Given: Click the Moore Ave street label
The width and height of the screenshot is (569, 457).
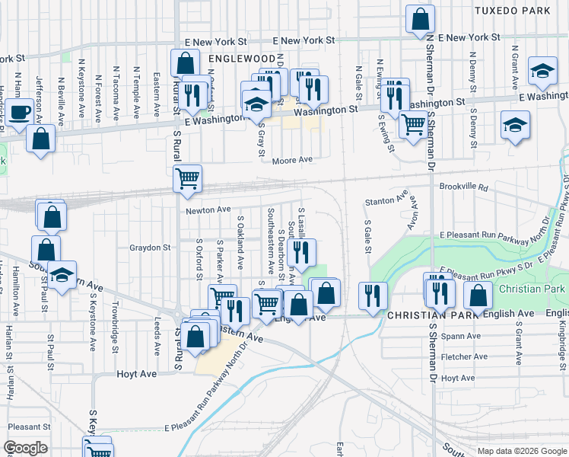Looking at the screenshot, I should click(x=294, y=160).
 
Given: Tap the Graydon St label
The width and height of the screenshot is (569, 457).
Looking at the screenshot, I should click(x=150, y=248).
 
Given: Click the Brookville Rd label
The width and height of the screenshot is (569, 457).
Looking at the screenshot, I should click(x=461, y=185).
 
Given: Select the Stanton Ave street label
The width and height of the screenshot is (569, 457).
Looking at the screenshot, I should click(x=381, y=201).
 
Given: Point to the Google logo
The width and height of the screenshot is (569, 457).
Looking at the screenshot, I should click(x=25, y=448).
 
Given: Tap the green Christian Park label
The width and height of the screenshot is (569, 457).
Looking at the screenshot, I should click(x=532, y=289).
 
